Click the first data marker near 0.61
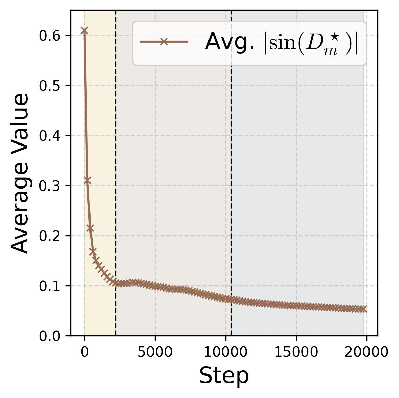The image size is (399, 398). pyautogui.click(x=84, y=31)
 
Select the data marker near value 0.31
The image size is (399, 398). pyautogui.click(x=87, y=180)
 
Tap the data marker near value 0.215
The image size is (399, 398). pyautogui.click(x=90, y=228)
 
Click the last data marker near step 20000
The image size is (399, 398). pyautogui.click(x=364, y=309)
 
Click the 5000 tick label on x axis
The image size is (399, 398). pyautogui.click(x=155, y=352)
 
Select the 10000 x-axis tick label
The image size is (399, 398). pyautogui.click(x=225, y=352)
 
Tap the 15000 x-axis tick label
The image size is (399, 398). pyautogui.click(x=296, y=352)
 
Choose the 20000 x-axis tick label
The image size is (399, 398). pyautogui.click(x=366, y=352)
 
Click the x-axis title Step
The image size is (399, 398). pyautogui.click(x=224, y=376)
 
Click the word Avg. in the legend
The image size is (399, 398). pyautogui.click(x=230, y=42)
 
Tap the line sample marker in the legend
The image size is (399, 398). pyautogui.click(x=164, y=42)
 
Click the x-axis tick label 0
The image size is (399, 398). pyautogui.click(x=84, y=352)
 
